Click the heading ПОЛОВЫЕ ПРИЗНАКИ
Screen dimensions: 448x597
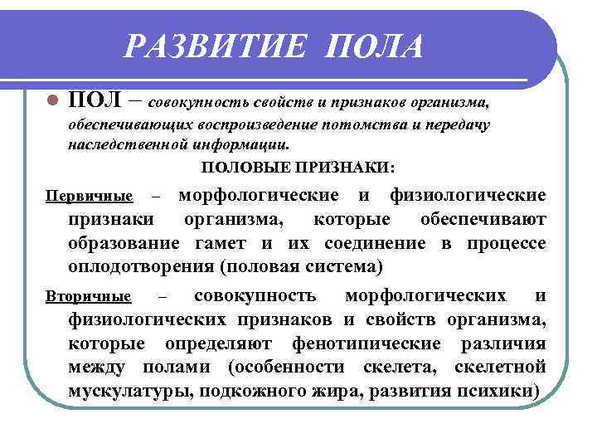(x=298, y=168)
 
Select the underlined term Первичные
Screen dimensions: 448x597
(x=89, y=197)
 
